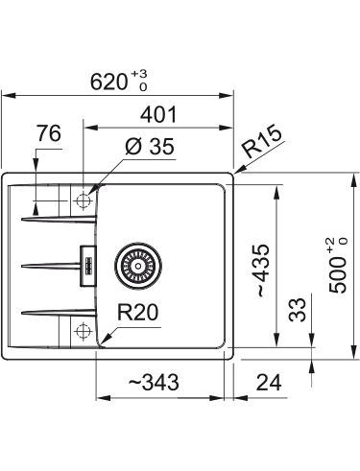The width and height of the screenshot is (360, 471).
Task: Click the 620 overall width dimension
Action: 108,82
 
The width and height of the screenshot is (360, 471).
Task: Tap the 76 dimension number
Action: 49,133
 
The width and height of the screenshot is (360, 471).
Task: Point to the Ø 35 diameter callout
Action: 150,147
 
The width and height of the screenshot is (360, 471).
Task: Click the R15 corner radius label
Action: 262,141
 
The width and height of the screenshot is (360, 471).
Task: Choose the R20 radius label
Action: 137,313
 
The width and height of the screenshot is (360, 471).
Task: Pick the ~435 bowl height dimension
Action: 263,271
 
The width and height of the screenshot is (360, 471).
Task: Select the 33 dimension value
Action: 298,309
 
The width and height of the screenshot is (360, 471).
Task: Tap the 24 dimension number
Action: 269,383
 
